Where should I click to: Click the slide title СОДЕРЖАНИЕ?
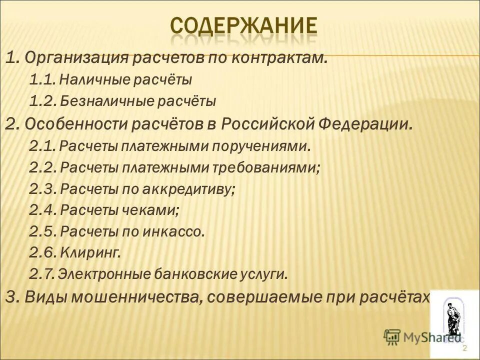point(243,25)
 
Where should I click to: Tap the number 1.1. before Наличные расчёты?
point(43,80)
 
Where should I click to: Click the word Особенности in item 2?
point(75,123)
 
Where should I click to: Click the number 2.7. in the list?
point(42,274)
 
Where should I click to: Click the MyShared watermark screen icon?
point(392,337)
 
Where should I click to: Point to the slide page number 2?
point(464,348)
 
